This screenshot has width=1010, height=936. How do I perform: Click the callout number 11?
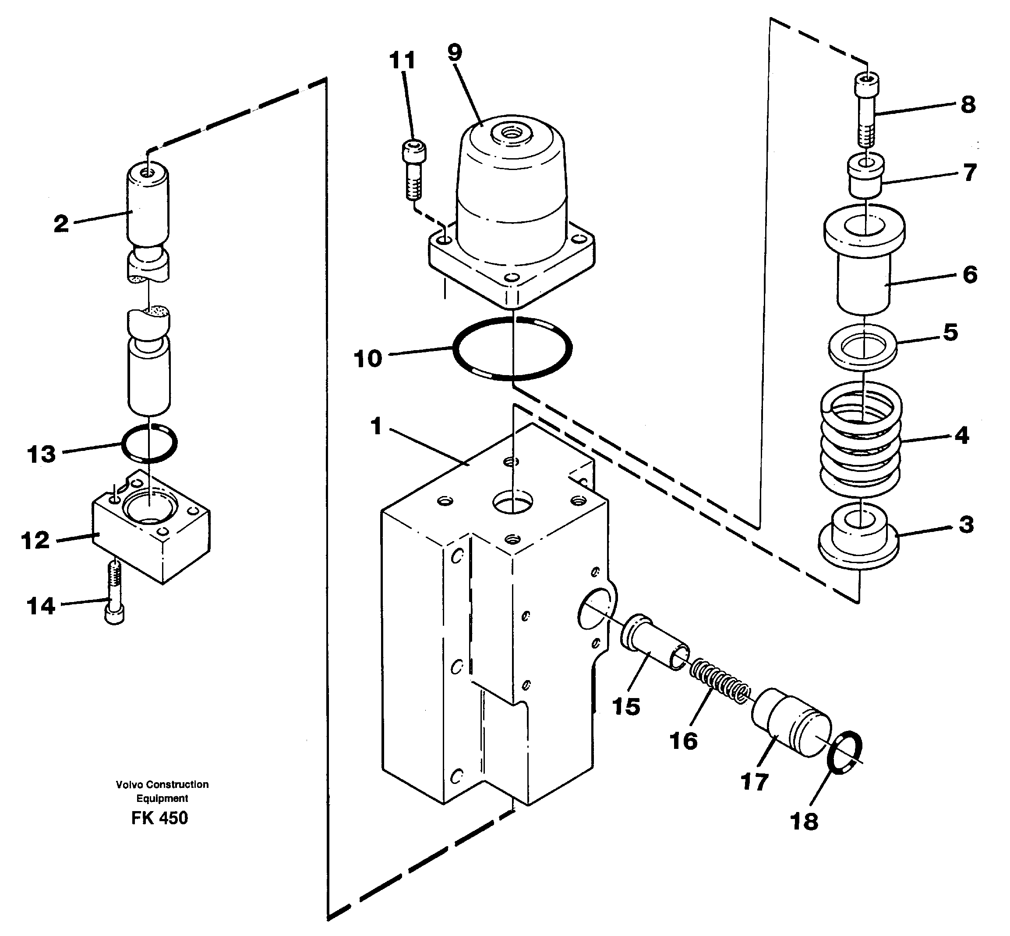pos(403,61)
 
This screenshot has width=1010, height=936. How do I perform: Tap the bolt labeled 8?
pos(866,106)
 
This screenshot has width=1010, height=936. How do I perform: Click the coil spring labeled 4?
pos(860,439)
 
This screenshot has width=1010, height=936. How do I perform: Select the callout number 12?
pos(35,540)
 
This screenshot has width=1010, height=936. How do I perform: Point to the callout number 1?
pos(376,426)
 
